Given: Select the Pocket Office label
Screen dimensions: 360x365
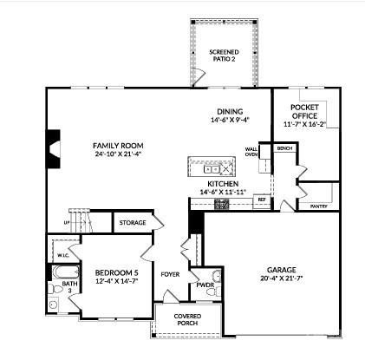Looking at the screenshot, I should click(x=304, y=110).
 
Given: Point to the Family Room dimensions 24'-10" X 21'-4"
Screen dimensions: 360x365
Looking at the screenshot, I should click(x=119, y=154).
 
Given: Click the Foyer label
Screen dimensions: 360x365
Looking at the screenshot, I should click(x=171, y=275).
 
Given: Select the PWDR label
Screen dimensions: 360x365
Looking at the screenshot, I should click(x=205, y=285).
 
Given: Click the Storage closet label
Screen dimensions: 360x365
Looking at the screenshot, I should click(x=133, y=223).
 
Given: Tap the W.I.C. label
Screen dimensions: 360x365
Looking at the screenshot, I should click(x=63, y=256).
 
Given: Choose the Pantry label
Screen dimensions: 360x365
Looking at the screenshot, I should click(x=319, y=206).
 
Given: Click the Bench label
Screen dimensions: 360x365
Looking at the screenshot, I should click(x=285, y=149).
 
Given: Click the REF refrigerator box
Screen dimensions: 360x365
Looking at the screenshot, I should click(x=260, y=200).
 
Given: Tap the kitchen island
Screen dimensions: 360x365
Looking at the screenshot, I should click(x=212, y=166).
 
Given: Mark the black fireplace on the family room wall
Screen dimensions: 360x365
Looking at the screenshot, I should click(x=54, y=147).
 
